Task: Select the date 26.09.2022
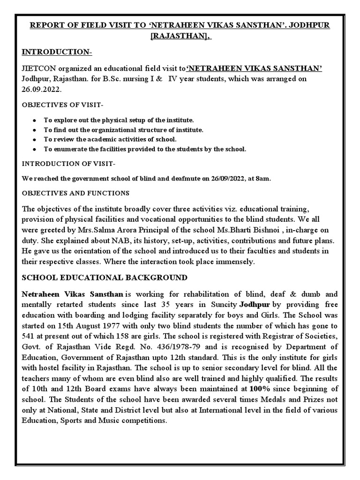[x=39, y=89]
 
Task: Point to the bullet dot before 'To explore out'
[x=35, y=120]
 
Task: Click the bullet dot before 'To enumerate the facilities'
[x=35, y=149]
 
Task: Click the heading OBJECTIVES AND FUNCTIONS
[x=76, y=193]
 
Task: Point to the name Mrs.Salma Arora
[x=111, y=230]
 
